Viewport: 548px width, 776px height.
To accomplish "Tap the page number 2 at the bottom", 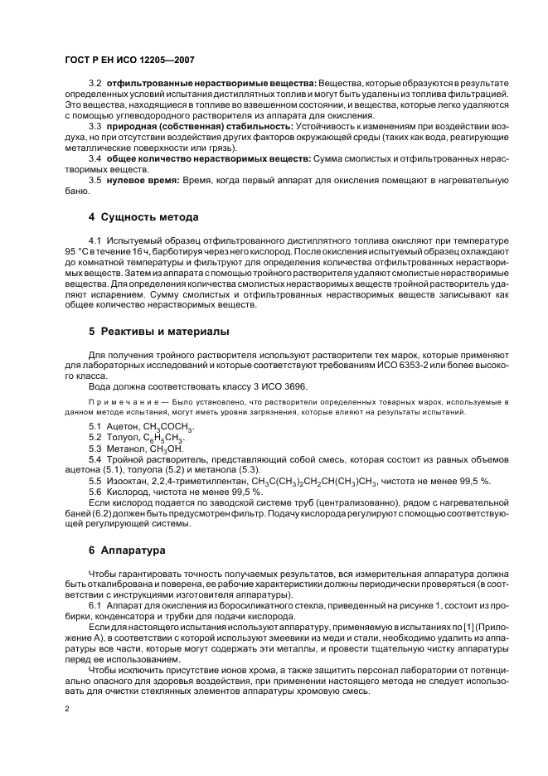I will pyautogui.click(x=67, y=709).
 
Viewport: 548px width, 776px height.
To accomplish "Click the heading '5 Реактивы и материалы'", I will pyautogui.click(x=159, y=331).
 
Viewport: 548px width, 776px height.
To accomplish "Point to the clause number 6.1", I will pyautogui.click(x=95, y=606).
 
